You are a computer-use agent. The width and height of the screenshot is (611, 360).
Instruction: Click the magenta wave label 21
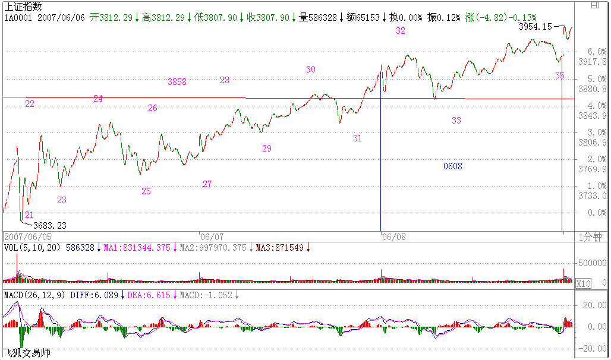pyautogui.click(x=29, y=215)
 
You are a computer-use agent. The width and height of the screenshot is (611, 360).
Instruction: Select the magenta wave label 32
pyautogui.click(x=401, y=31)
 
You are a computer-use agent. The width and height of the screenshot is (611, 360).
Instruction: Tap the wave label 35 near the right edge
pyautogui.click(x=560, y=75)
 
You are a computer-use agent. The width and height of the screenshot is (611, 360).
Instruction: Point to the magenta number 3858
pyautogui.click(x=177, y=82)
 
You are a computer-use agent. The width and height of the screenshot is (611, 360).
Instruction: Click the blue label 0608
pyautogui.click(x=453, y=166)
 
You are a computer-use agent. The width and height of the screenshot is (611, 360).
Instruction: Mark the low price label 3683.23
pyautogui.click(x=49, y=225)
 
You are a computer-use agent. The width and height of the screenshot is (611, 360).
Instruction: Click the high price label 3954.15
pyautogui.click(x=536, y=27)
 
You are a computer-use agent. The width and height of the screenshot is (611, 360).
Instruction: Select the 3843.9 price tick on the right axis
pyautogui.click(x=596, y=116)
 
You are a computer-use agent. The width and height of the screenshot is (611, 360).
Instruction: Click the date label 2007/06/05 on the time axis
pyautogui.click(x=23, y=236)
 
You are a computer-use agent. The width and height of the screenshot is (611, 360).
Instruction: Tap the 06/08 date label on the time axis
pyautogui.click(x=394, y=236)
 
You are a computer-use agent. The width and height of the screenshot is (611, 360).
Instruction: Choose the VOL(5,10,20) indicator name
pyautogui.click(x=32, y=247)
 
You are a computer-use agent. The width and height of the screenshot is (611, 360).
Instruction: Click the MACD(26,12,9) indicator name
pyautogui.click(x=34, y=295)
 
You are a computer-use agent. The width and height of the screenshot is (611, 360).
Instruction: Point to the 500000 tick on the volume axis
pyautogui.click(x=593, y=262)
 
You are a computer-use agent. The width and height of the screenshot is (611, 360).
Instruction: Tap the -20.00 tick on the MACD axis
pyautogui.click(x=593, y=348)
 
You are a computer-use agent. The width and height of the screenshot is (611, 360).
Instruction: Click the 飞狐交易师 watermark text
pyautogui.click(x=27, y=353)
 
